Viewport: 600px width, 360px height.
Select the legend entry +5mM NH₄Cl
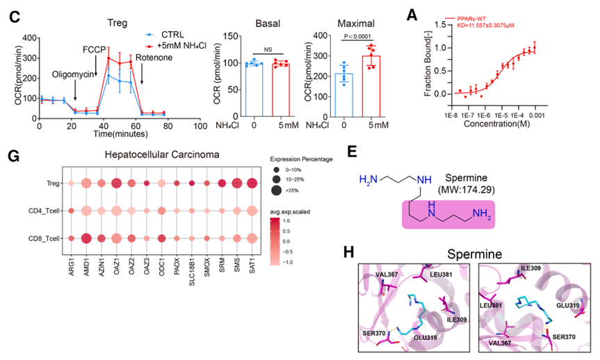[x=175, y=44]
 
